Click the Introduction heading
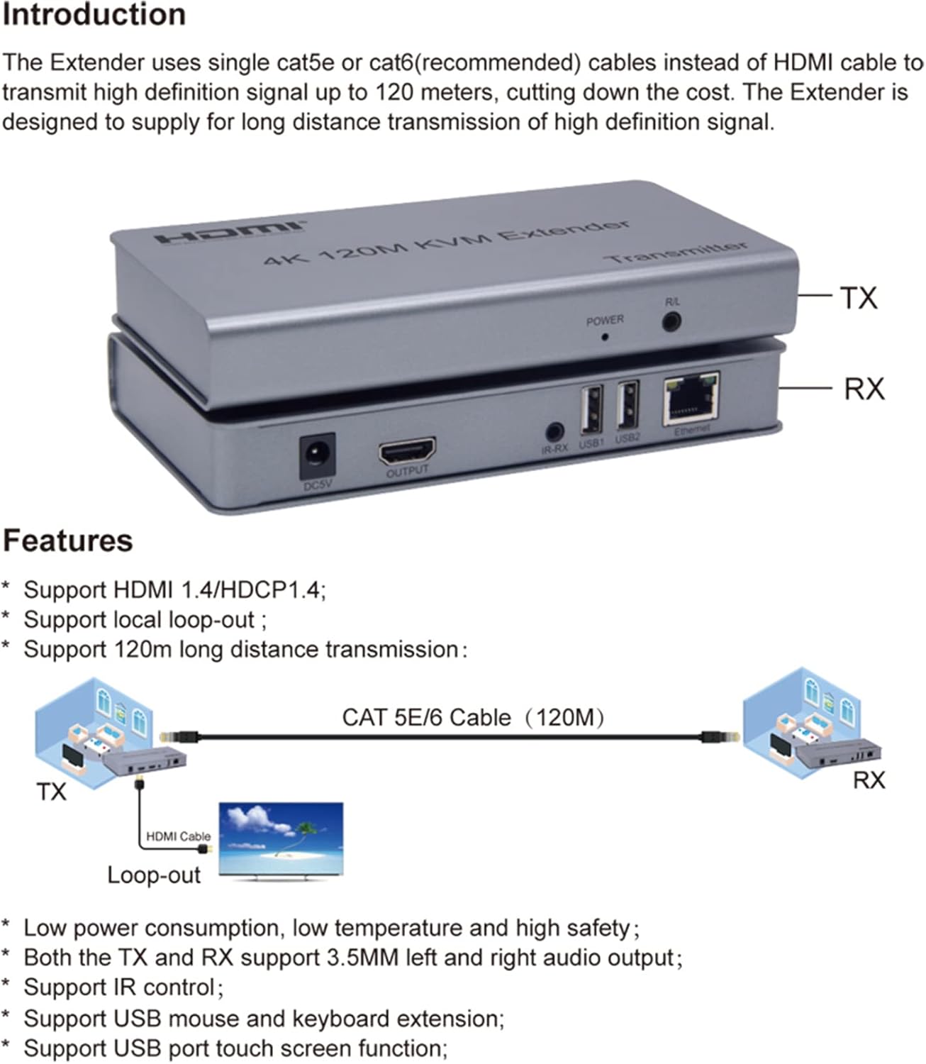click(94, 16)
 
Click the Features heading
click(67, 541)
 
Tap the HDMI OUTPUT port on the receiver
click(407, 451)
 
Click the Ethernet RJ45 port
click(691, 401)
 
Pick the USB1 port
click(591, 410)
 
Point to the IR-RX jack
click(554, 431)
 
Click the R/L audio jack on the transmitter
click(671, 321)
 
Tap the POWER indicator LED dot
click(605, 336)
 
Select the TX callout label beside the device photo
click(859, 298)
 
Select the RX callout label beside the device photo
click(864, 389)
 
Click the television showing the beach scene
click(281, 841)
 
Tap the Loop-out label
click(154, 875)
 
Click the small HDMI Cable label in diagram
click(178, 837)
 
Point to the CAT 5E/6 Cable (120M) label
click(473, 718)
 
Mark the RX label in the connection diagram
click(868, 781)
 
